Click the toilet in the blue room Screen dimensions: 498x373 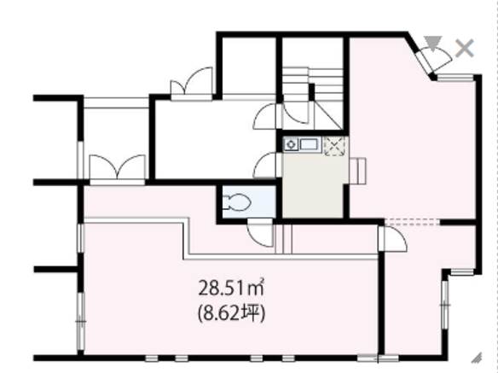coord(237,202)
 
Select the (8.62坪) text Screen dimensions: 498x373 coord(232,314)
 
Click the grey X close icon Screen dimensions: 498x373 coord(465,49)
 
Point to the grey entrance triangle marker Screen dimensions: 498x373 coord(433,43)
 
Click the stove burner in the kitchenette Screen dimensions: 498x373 coord(291,145)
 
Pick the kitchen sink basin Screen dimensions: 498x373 coord(309,145)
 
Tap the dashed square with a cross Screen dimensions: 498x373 coord(334,146)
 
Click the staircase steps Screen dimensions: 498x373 coord(312,84)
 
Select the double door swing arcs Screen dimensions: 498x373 coord(117,166)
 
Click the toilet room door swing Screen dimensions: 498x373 coord(260,233)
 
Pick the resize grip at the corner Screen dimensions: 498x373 coord(477,358)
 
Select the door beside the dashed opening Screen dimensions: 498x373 coord(392,238)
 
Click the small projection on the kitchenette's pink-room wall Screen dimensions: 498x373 coord(357,171)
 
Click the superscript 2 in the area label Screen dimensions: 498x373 coord(262,280)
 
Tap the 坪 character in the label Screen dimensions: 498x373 coord(252,313)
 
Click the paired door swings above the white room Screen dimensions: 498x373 coord(192,81)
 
